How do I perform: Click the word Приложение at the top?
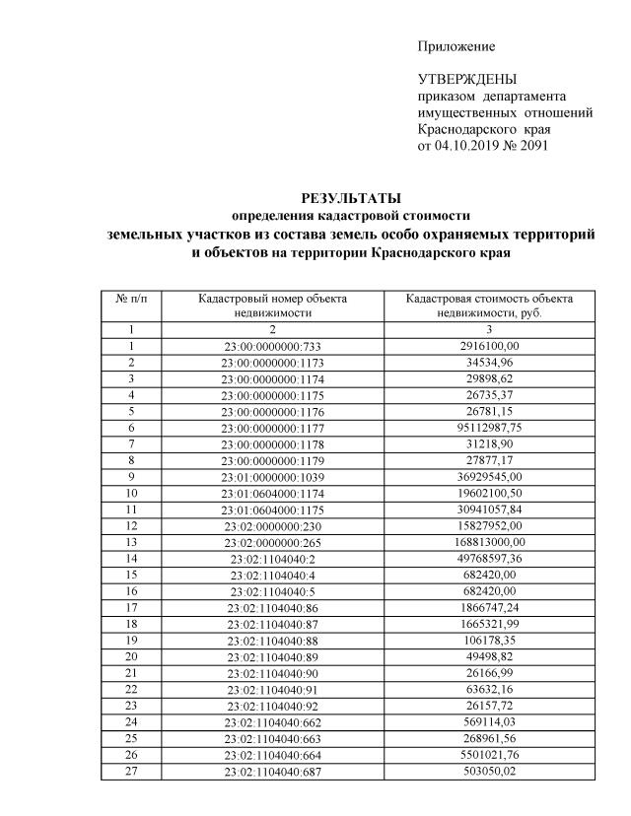tap(456, 46)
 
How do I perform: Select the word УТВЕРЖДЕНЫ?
tap(466, 80)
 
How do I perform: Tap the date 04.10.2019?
tap(467, 147)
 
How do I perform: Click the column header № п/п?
tap(131, 298)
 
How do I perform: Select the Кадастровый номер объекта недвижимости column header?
tap(273, 305)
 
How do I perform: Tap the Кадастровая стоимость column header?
tap(490, 305)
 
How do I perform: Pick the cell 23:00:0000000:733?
tap(273, 346)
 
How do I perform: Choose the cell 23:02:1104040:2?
tap(273, 558)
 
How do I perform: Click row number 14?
tap(131, 558)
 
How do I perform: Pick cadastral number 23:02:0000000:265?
tap(273, 541)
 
